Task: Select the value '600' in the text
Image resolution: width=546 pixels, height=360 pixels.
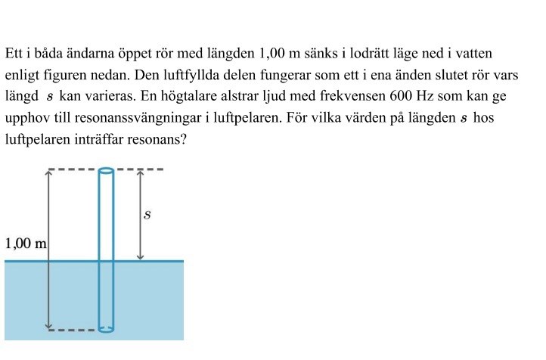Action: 401,98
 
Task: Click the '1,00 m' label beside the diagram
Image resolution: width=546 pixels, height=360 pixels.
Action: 26,244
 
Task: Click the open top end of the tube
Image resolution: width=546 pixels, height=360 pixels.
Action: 107,170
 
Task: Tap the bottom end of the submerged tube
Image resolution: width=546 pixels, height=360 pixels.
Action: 107,329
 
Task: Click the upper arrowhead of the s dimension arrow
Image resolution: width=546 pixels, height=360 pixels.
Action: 140,174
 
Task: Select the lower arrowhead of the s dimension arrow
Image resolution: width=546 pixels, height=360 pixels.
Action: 140,256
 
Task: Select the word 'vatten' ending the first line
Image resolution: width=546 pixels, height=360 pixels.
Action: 476,54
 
